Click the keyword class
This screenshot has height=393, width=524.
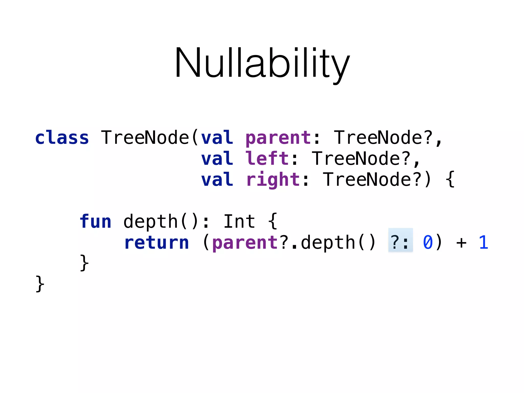click(62, 138)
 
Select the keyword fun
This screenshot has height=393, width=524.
click(95, 222)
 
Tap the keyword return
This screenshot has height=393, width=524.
click(157, 243)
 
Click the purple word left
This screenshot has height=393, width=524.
click(267, 159)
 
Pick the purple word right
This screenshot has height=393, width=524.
click(273, 180)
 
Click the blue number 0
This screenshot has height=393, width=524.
click(428, 243)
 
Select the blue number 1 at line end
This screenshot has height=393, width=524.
click(483, 243)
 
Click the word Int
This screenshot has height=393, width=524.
click(239, 222)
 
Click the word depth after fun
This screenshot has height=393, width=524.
click(150, 222)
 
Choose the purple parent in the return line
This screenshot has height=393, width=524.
click(245, 243)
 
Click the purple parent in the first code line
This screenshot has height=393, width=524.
click(278, 138)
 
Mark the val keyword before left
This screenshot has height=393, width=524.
click(217, 159)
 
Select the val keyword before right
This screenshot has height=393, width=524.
click(217, 180)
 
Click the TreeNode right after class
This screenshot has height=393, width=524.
click(145, 138)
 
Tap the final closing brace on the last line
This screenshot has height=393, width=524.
click(40, 284)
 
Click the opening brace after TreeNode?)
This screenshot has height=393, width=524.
click(450, 180)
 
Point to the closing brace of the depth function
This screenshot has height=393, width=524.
click(84, 263)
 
